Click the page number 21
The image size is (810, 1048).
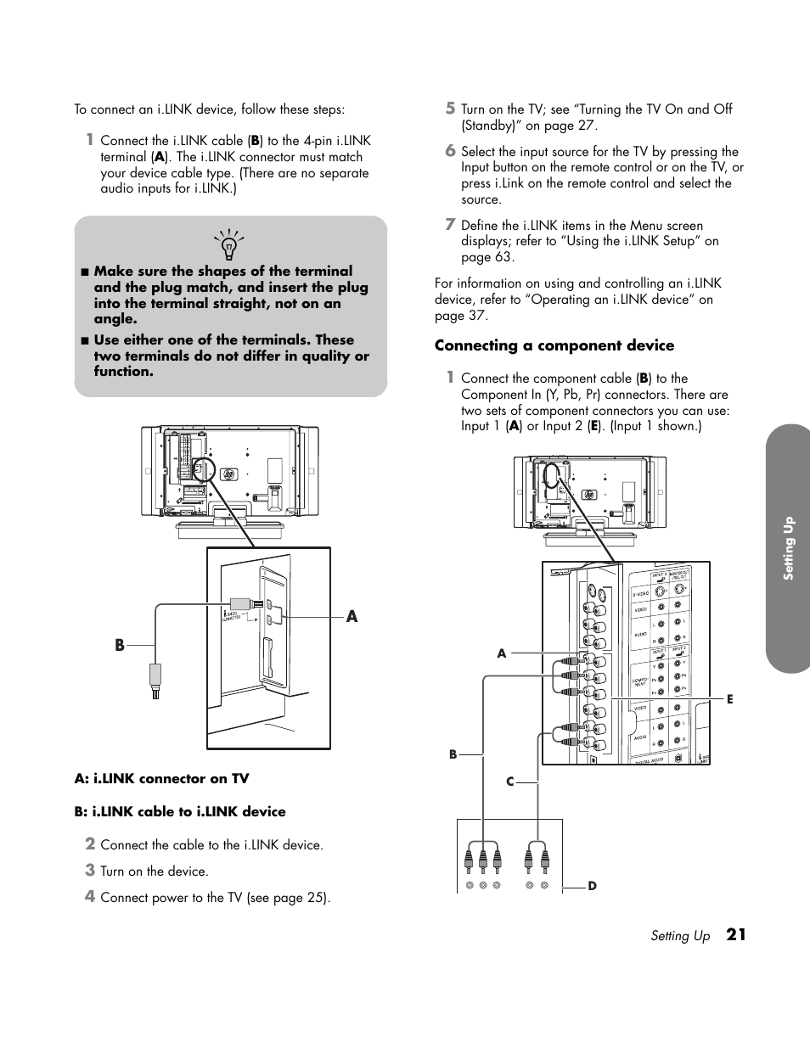point(736,934)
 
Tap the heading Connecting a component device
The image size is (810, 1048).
point(554,345)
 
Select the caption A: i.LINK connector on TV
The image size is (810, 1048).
point(161,778)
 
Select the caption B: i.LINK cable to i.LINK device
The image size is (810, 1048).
point(180,811)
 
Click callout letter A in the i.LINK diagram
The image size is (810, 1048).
point(352,617)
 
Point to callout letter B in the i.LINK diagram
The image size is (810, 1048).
point(120,646)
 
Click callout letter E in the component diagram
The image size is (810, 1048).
point(729,698)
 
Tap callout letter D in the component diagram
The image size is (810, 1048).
point(593,886)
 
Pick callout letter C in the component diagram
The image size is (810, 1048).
point(510,782)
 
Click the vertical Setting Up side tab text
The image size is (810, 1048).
point(788,548)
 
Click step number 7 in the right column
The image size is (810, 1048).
point(451,225)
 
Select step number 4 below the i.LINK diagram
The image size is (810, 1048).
point(89,896)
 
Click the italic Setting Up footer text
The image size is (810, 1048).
point(680,936)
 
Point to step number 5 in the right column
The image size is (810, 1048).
point(451,109)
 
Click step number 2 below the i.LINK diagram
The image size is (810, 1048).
point(89,843)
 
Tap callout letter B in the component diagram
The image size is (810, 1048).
point(453,754)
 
